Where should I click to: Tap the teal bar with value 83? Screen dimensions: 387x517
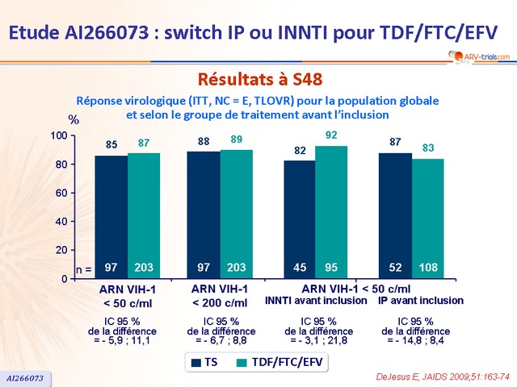point(428,218)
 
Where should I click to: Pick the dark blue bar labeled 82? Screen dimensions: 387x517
point(299,218)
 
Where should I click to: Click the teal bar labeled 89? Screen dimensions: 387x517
point(237,214)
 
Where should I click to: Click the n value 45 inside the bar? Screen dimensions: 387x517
point(299,267)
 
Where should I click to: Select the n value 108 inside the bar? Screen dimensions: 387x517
point(428,267)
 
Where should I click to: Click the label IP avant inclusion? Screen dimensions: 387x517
point(421,301)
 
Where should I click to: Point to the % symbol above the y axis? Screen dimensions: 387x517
point(74,119)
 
